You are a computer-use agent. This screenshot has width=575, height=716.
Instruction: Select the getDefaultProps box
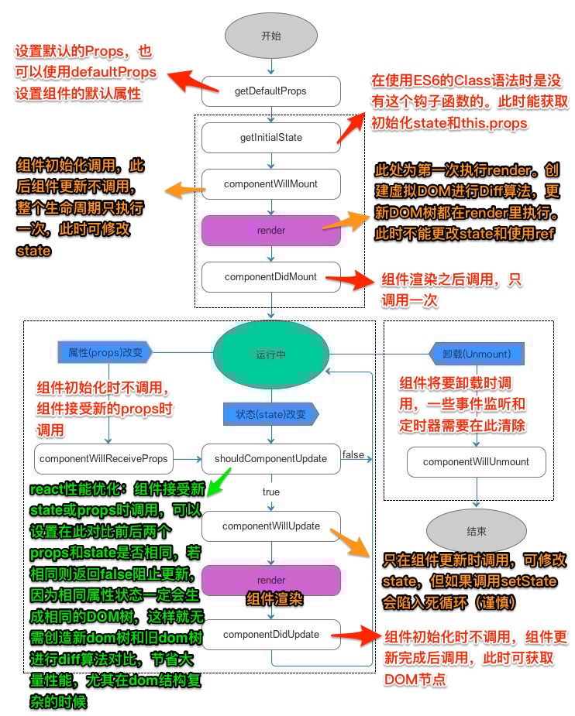[270, 91]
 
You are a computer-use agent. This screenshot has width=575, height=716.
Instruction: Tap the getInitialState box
[270, 138]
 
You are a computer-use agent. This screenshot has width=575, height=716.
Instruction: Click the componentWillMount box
[270, 184]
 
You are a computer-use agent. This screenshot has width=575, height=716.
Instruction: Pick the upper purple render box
[270, 230]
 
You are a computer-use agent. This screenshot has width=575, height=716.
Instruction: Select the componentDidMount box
[270, 276]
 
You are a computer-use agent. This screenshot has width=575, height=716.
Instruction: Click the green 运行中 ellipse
[270, 355]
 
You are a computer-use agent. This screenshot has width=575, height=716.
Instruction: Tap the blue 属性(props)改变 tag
[104, 352]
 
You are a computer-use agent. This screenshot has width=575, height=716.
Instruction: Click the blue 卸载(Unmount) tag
[477, 354]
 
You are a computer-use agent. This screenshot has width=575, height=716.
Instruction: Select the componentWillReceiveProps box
[103, 459]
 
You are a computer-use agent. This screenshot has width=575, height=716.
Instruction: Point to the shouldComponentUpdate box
[270, 459]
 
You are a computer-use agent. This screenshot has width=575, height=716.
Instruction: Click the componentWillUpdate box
[270, 526]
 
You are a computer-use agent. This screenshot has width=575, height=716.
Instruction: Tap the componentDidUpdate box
[270, 635]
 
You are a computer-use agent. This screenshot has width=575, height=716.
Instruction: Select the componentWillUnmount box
[476, 462]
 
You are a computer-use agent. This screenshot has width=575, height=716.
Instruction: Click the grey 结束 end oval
[476, 532]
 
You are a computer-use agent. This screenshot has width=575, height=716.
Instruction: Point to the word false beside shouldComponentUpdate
[353, 454]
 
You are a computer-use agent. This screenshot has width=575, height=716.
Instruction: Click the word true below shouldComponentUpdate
[270, 492]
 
